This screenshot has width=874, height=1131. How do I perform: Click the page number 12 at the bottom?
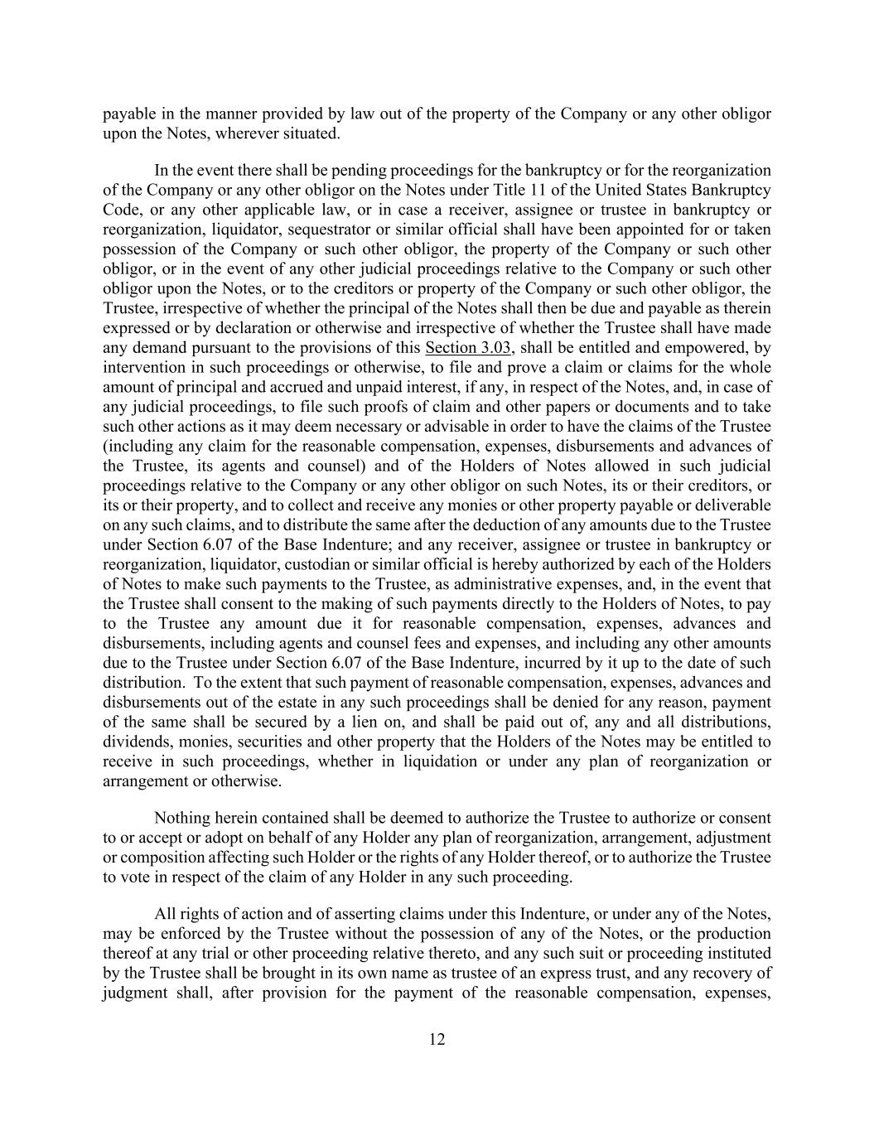coord(437,1040)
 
